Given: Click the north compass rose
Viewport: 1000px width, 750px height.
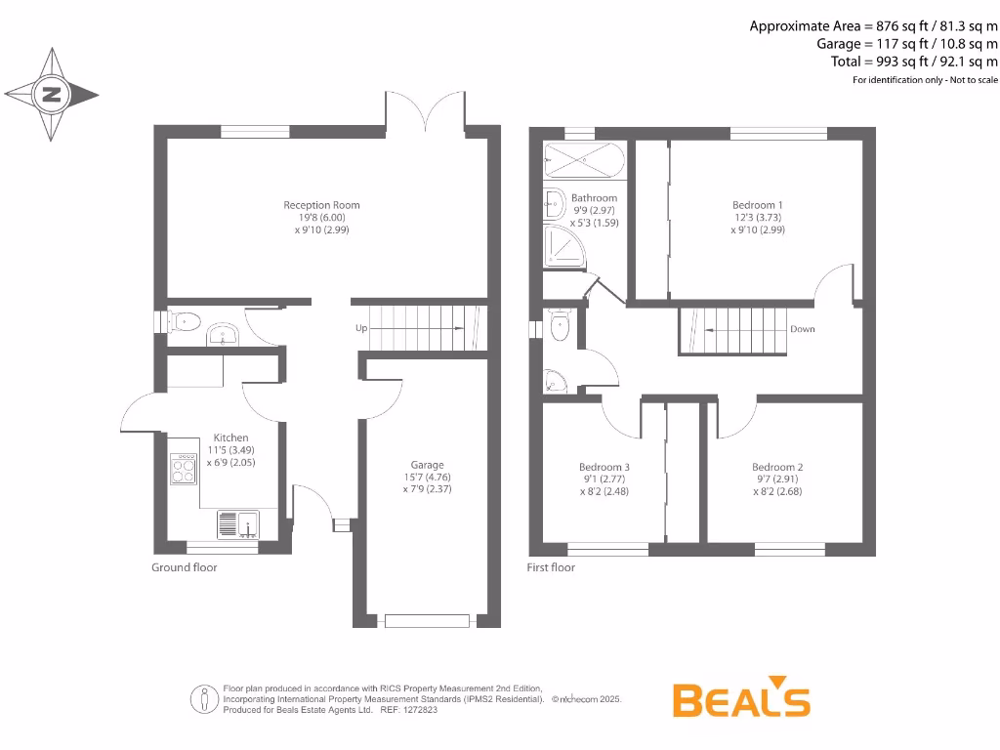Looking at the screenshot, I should coord(52,95).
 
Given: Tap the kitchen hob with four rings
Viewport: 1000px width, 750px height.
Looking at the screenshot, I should coord(184,471).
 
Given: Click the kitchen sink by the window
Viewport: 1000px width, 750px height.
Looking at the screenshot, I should coord(236,525).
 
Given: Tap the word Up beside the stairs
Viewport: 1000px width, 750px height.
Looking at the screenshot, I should coord(361,328).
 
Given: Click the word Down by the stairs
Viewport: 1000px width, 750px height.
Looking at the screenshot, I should coord(803,329).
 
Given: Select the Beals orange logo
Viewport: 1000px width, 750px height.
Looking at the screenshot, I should coord(741,698).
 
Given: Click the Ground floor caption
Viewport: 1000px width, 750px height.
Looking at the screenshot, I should coord(185,567).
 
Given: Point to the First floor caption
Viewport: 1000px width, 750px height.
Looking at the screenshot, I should coord(551,567).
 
